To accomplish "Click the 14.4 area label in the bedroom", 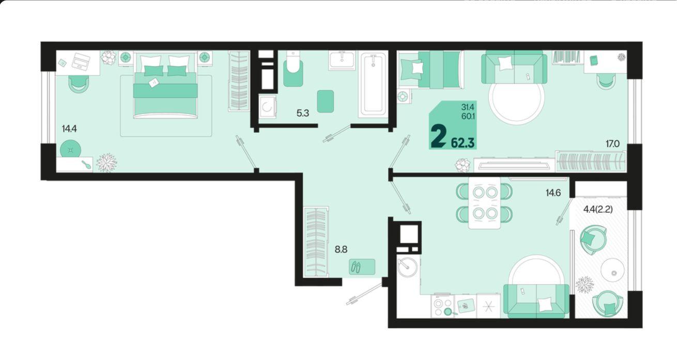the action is click(69, 129).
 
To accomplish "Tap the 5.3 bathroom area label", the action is click(302, 113).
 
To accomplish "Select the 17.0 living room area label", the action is click(612, 144).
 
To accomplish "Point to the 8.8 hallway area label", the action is click(341, 249).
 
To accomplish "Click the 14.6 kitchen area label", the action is click(553, 193).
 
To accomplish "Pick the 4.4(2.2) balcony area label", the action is click(598, 209).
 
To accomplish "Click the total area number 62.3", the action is click(463, 143).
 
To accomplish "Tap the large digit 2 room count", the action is click(438, 136).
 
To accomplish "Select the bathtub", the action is click(373, 84).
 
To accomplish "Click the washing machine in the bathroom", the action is click(268, 106).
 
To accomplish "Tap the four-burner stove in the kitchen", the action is click(442, 306).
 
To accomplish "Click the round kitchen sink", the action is click(407, 267).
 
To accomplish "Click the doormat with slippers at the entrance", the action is click(362, 267).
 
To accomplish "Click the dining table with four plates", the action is click(484, 203).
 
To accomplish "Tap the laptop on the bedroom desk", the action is click(81, 61).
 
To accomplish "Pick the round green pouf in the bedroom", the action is click(70, 149).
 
